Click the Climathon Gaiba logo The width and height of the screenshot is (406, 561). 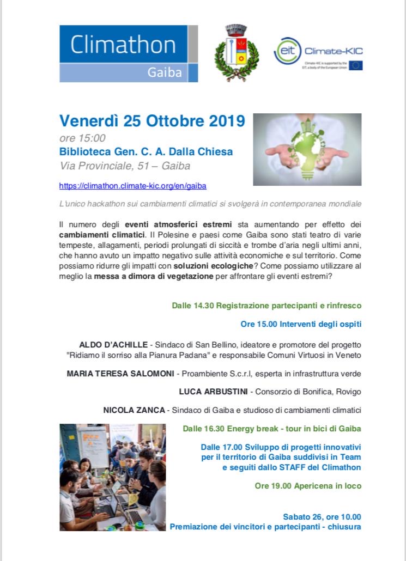(129, 53)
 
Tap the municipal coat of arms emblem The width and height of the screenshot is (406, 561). (237, 53)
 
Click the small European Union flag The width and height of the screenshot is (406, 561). (356, 65)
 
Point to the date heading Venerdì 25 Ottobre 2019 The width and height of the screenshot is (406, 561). (152, 121)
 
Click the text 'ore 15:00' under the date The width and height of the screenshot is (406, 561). (82, 138)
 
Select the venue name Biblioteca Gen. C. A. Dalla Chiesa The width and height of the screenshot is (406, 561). (146, 151)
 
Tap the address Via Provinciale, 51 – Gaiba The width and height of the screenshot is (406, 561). (125, 166)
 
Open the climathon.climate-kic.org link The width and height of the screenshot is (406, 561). (133, 186)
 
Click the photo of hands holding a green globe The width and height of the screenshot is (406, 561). (307, 149)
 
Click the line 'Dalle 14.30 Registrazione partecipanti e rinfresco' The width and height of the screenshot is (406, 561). (266, 306)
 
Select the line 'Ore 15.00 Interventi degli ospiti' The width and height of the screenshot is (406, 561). (301, 324)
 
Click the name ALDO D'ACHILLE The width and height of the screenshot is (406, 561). (113, 345)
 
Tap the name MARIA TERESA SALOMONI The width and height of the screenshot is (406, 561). (120, 374)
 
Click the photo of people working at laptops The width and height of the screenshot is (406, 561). (113, 477)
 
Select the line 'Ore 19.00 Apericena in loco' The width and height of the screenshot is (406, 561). (308, 485)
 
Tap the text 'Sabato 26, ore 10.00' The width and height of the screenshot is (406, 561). (322, 516)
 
